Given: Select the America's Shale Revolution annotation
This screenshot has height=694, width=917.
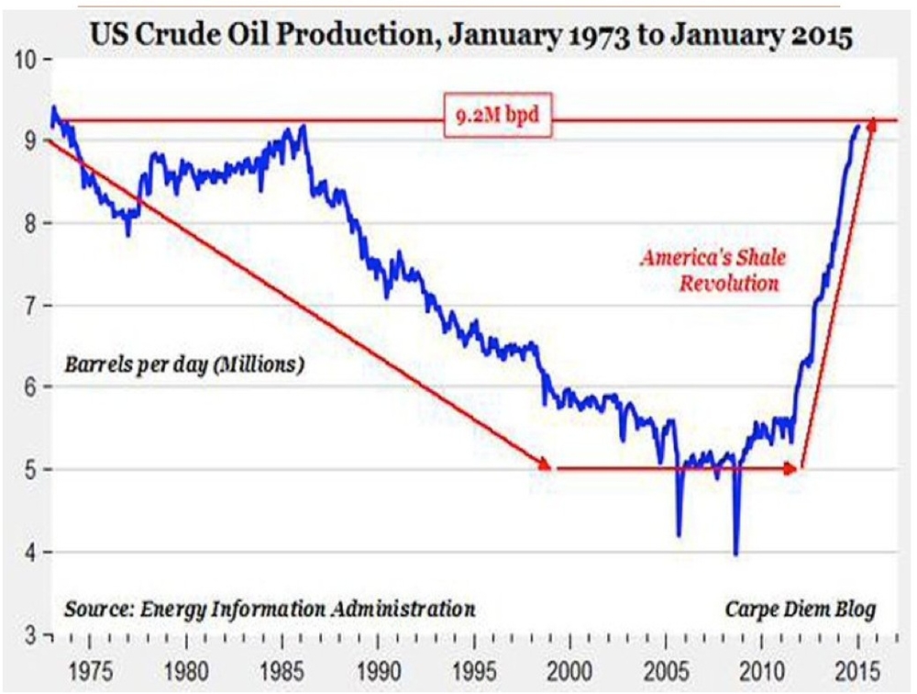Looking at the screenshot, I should pos(711,271).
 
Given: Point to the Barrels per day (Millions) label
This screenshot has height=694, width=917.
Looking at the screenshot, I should pos(183,364).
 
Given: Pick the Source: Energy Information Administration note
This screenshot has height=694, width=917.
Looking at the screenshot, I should pos(270,609).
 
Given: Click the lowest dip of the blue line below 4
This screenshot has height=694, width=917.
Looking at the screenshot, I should pos(735,554).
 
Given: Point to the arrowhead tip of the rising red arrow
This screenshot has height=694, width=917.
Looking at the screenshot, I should pos(871,120).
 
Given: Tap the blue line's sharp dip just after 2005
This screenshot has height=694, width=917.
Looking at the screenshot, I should pos(679,535).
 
